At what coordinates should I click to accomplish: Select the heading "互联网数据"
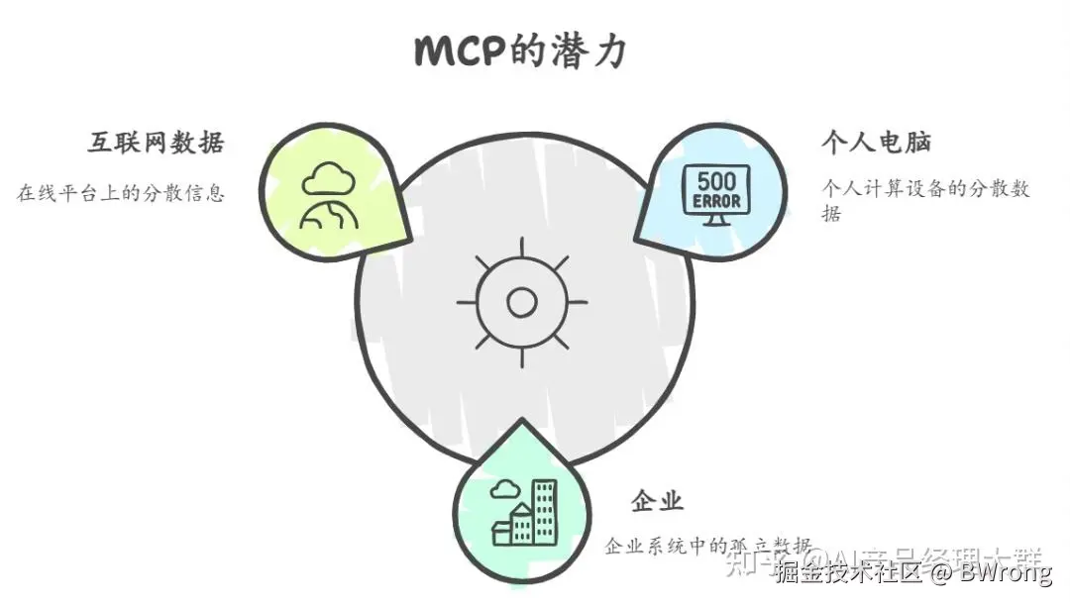pyautogui.click(x=156, y=143)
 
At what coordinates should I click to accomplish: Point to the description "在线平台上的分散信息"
pyautogui.click(x=120, y=192)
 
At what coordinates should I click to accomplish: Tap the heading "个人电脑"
pyautogui.click(x=877, y=143)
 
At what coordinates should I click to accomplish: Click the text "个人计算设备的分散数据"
pyautogui.click(x=925, y=199)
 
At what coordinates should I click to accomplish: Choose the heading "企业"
pyautogui.click(x=657, y=501)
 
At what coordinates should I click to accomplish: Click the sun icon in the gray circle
pyautogui.click(x=521, y=302)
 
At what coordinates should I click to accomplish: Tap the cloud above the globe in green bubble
pyautogui.click(x=329, y=180)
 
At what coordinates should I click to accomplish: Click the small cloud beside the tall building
pyautogui.click(x=504, y=488)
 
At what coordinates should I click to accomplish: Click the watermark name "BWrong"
pyautogui.click(x=1003, y=573)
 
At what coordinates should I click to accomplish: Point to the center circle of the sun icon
pyautogui.click(x=521, y=302)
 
